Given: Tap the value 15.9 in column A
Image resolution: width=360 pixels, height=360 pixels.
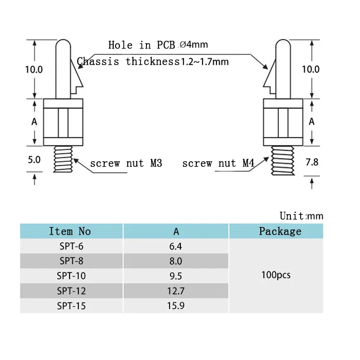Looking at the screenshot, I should coord(176,305).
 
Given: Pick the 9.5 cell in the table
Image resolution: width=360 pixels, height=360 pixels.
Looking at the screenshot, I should coord(176,276).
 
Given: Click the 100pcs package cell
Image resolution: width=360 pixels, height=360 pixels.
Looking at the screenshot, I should coord(276,276).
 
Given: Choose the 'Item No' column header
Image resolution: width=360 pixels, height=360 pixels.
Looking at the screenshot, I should coord(70,231).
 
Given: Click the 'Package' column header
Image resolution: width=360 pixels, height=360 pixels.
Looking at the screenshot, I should coord(280,231).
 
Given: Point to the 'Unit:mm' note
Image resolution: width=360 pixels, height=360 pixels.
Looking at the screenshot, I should coord(301,216).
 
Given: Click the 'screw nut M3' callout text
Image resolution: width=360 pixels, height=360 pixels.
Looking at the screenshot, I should coord(126,164).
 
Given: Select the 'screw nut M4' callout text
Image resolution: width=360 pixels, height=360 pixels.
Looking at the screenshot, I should coord(218,164).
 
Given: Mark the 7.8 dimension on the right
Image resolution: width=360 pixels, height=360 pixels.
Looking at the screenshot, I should coord(312,162).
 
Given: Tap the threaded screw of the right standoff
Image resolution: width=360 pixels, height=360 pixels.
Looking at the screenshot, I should coord(283,161).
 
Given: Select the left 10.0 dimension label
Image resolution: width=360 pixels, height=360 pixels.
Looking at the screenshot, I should coord(34,69).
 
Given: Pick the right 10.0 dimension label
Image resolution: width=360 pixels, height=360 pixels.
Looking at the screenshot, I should coord(311,69).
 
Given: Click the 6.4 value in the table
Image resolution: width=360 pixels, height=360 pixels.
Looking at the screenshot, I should coord(176,246).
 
